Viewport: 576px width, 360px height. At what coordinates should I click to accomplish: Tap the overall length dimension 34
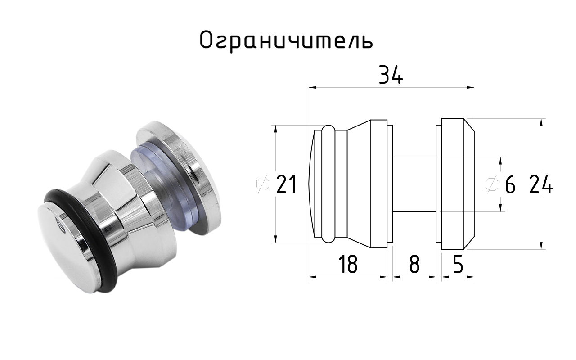pyautogui.click(x=391, y=75)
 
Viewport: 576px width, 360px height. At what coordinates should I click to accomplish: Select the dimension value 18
pyautogui.click(x=348, y=264)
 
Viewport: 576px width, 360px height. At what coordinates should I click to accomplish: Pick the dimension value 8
pyautogui.click(x=414, y=264)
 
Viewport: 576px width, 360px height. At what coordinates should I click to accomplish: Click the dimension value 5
pyautogui.click(x=458, y=264)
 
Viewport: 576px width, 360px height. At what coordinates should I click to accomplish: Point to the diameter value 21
pyautogui.click(x=287, y=184)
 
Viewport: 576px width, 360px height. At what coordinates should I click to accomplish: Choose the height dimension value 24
pyautogui.click(x=541, y=184)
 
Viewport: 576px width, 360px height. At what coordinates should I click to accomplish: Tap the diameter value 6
pyautogui.click(x=510, y=184)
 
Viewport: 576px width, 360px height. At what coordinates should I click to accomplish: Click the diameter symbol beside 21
pyautogui.click(x=263, y=184)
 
